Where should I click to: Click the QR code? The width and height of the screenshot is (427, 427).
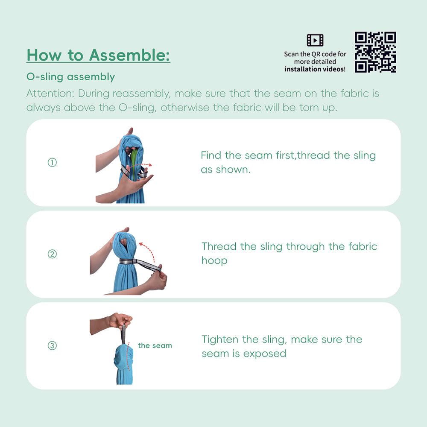click(x=375, y=52)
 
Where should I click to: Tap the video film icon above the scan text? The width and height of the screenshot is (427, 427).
click(x=315, y=40)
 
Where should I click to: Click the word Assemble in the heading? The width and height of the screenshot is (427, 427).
click(x=129, y=55)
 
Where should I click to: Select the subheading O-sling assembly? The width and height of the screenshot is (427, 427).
click(x=70, y=77)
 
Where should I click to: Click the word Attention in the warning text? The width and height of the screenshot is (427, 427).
click(x=49, y=93)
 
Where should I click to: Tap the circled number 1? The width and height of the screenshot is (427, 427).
click(x=52, y=163)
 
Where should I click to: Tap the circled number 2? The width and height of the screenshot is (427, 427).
click(x=52, y=254)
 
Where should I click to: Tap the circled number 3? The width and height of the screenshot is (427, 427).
click(x=52, y=345)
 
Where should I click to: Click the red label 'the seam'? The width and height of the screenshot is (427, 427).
click(x=155, y=345)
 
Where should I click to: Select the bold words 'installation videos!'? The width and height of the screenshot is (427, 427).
click(x=315, y=69)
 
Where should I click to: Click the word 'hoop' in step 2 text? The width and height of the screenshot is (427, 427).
click(x=214, y=260)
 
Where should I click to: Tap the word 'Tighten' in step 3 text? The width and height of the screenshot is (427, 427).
click(x=220, y=339)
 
